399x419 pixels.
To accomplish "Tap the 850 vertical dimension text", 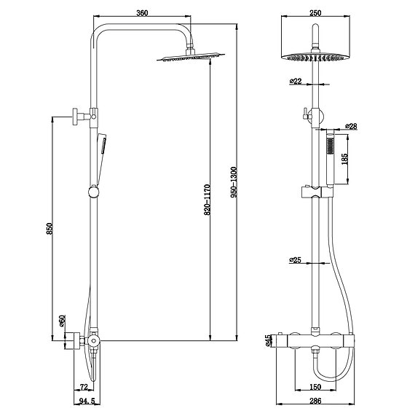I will pyautogui.click(x=48, y=228).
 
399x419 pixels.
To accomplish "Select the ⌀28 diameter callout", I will pyautogui.click(x=351, y=126).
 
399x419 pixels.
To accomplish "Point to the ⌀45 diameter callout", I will pyautogui.click(x=268, y=340).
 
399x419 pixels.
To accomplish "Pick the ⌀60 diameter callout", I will pyautogui.click(x=62, y=320).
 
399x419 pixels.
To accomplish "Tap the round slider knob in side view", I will pyautogui.click(x=92, y=192).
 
